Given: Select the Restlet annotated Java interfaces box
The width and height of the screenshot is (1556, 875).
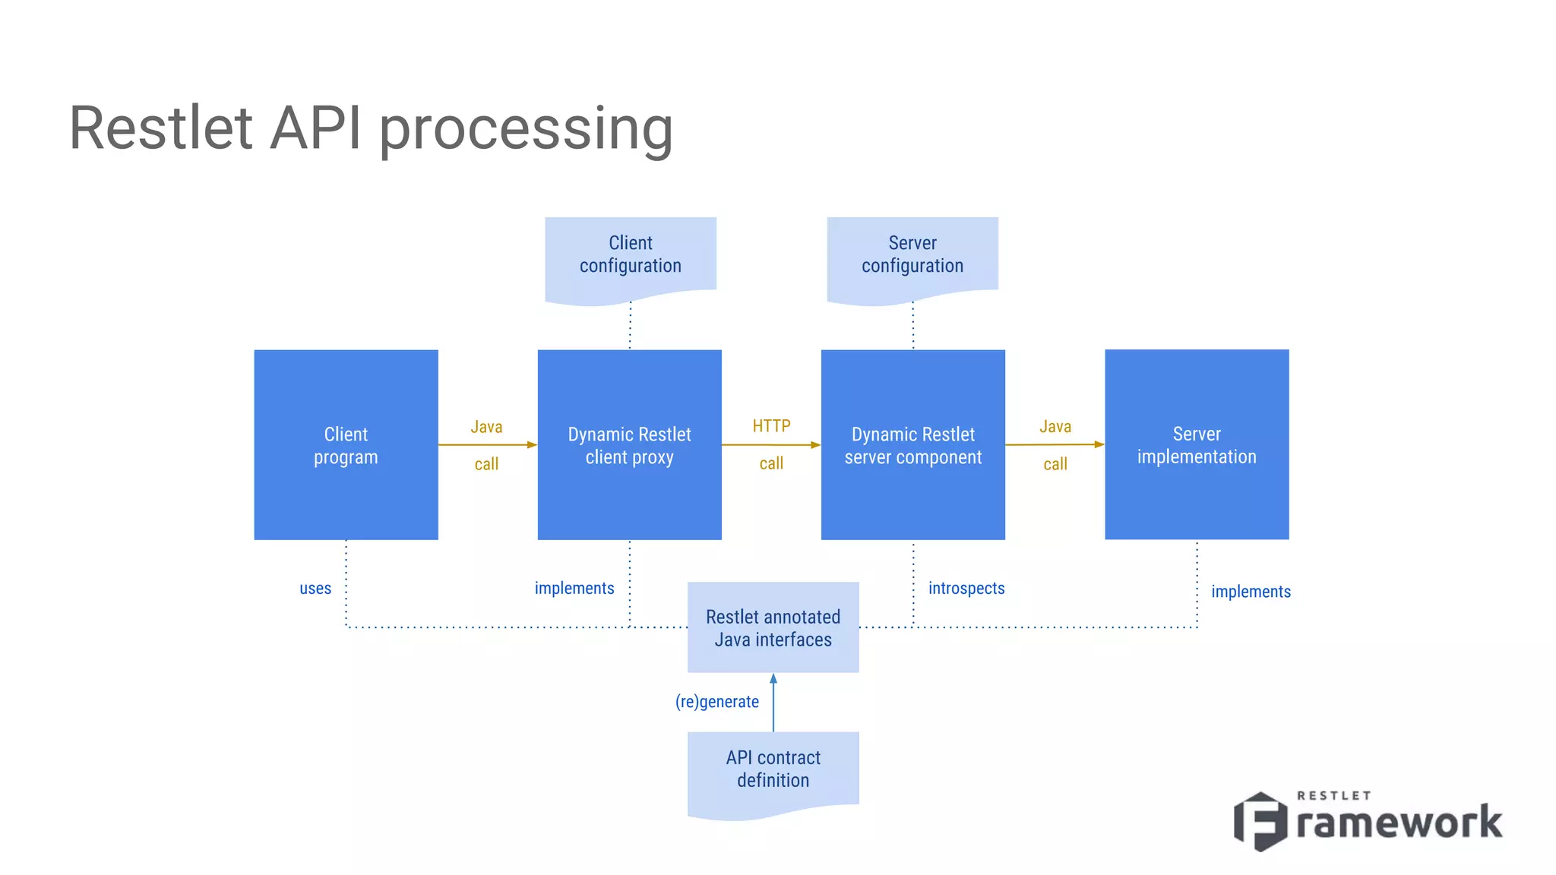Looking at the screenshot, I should coord(773,627).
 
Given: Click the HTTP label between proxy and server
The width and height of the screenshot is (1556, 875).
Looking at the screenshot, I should coord(771,426).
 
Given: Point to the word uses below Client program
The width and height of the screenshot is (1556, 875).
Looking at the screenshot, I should coord(315,589).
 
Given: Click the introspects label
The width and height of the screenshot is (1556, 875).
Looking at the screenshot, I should coord(966,589).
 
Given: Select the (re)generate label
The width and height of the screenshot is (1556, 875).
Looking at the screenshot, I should coord(716,702).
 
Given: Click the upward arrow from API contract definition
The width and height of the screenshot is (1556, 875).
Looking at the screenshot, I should coord(773,703).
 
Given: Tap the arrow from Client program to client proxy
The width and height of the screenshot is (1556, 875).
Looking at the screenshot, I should coord(487,445).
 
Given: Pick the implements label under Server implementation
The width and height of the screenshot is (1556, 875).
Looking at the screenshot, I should coord(1251,592).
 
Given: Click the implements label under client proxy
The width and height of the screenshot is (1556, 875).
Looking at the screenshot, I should coord(574,589).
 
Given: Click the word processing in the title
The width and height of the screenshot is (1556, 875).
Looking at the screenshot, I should coord(526,129).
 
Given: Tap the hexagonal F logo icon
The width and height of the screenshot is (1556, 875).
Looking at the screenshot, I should coord(1260,821).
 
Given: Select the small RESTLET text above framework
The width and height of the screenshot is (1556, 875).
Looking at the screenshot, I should coord(1333,796).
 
